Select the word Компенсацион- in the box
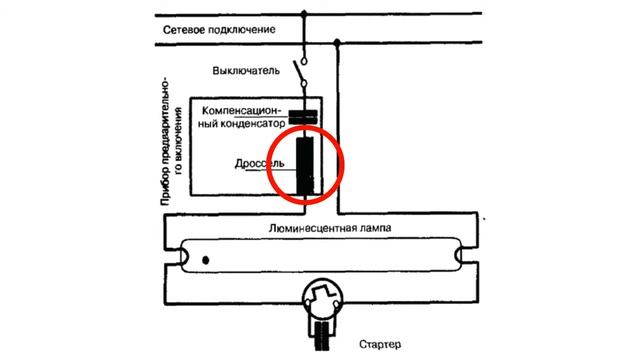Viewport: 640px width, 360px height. [243, 110]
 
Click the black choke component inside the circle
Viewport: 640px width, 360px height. [305, 164]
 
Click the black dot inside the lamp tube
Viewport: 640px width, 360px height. [205, 261]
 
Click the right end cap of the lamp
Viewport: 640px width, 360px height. [468, 258]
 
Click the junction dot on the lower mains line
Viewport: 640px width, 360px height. [340, 43]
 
